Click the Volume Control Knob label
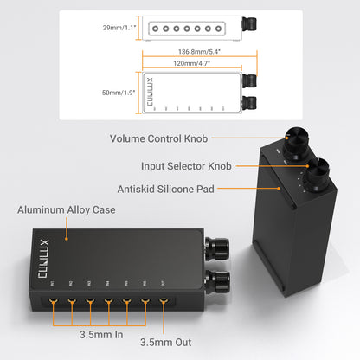click(160, 138)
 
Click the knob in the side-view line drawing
click(250, 29)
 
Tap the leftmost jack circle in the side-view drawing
click(153, 29)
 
